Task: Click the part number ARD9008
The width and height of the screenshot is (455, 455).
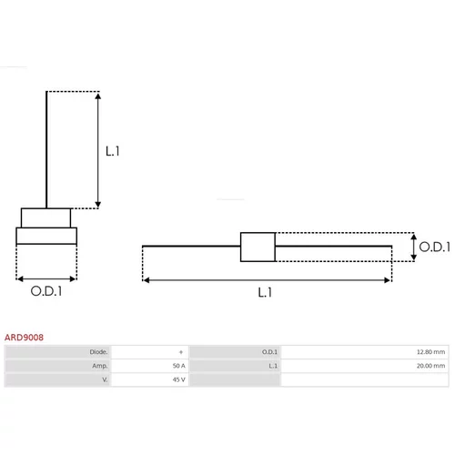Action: coord(24,338)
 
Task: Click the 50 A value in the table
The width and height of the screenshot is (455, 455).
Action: coord(178,366)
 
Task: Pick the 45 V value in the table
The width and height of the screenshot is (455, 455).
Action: coord(178,379)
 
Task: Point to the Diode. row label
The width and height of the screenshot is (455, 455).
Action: coord(98,352)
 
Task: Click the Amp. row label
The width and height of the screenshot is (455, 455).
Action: coord(100,366)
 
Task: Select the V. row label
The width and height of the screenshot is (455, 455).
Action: coord(105,379)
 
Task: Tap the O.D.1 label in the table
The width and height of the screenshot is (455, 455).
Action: coord(269,352)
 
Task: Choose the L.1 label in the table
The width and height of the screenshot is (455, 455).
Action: coord(273,366)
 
